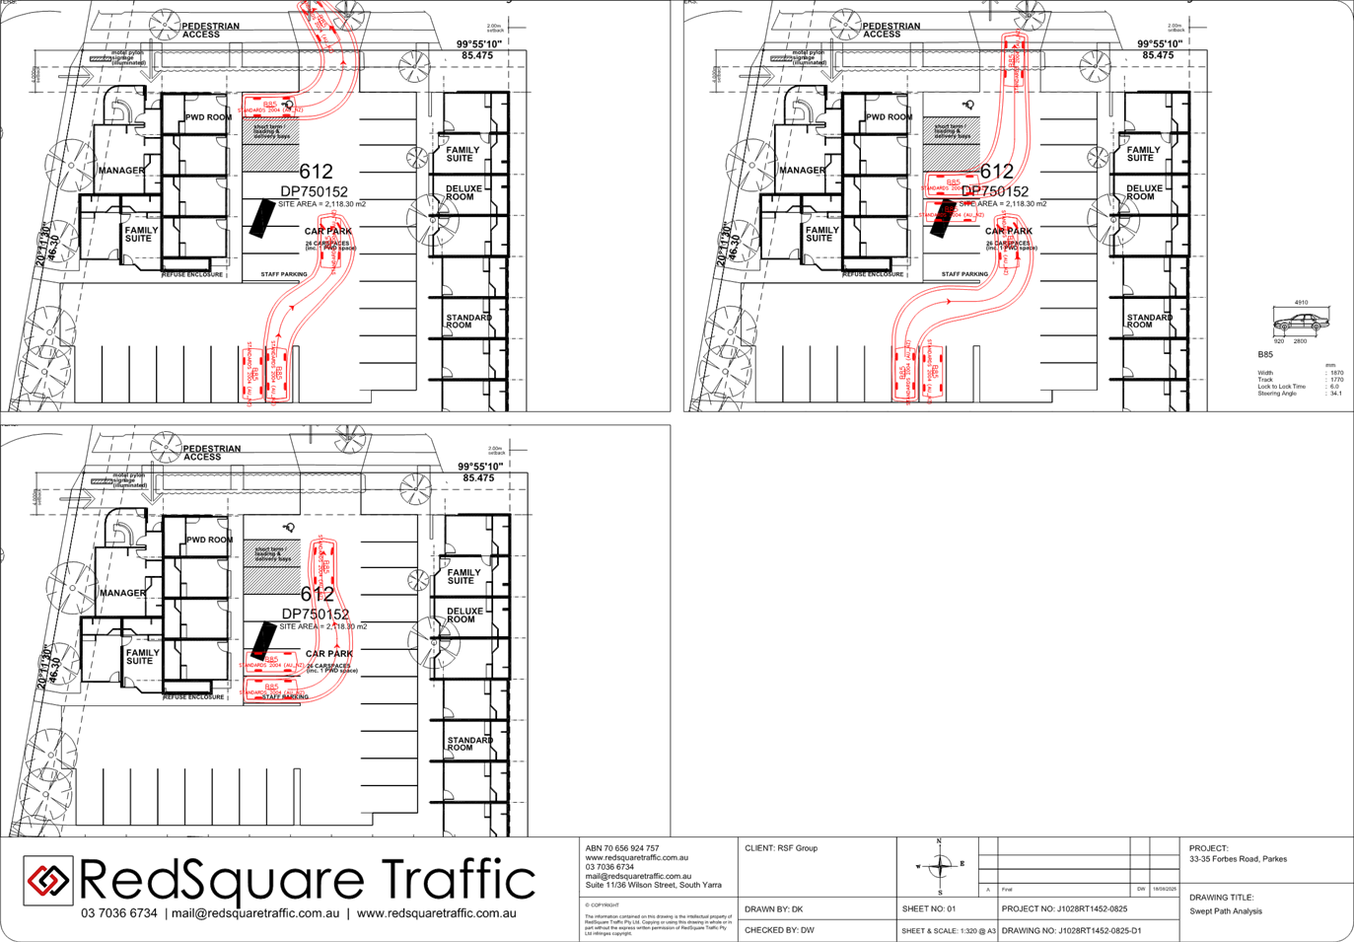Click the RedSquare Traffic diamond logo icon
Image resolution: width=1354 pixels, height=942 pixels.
(x=47, y=879)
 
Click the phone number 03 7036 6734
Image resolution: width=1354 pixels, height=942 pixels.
(x=119, y=913)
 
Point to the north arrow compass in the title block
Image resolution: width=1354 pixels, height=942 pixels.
(x=939, y=866)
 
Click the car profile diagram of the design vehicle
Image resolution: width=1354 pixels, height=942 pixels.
(x=1300, y=322)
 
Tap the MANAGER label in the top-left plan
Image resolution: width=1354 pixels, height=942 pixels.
(x=121, y=171)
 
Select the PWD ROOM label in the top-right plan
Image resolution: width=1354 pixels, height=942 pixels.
(x=890, y=117)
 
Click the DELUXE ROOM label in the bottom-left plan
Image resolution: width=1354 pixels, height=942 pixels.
(x=461, y=616)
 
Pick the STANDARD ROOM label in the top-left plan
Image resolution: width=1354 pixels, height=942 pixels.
(x=467, y=322)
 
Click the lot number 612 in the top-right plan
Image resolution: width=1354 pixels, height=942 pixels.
(x=996, y=172)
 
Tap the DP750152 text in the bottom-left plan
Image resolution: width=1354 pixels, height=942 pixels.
(x=316, y=614)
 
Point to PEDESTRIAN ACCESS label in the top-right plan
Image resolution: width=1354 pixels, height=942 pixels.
(x=890, y=30)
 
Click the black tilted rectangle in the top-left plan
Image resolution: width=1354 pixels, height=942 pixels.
(x=260, y=217)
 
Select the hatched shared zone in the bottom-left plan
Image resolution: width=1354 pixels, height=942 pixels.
(x=272, y=566)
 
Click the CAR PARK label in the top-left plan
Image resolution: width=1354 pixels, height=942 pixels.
(x=327, y=231)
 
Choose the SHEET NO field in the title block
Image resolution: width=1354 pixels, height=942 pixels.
(x=928, y=908)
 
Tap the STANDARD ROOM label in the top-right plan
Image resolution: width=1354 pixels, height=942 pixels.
(x=1148, y=322)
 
